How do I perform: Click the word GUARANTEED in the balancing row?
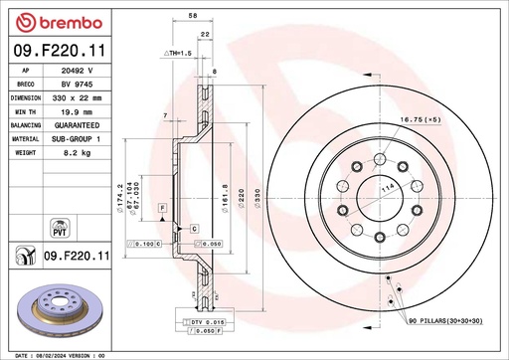coord(78,126)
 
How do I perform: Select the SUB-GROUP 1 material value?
coord(78,140)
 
